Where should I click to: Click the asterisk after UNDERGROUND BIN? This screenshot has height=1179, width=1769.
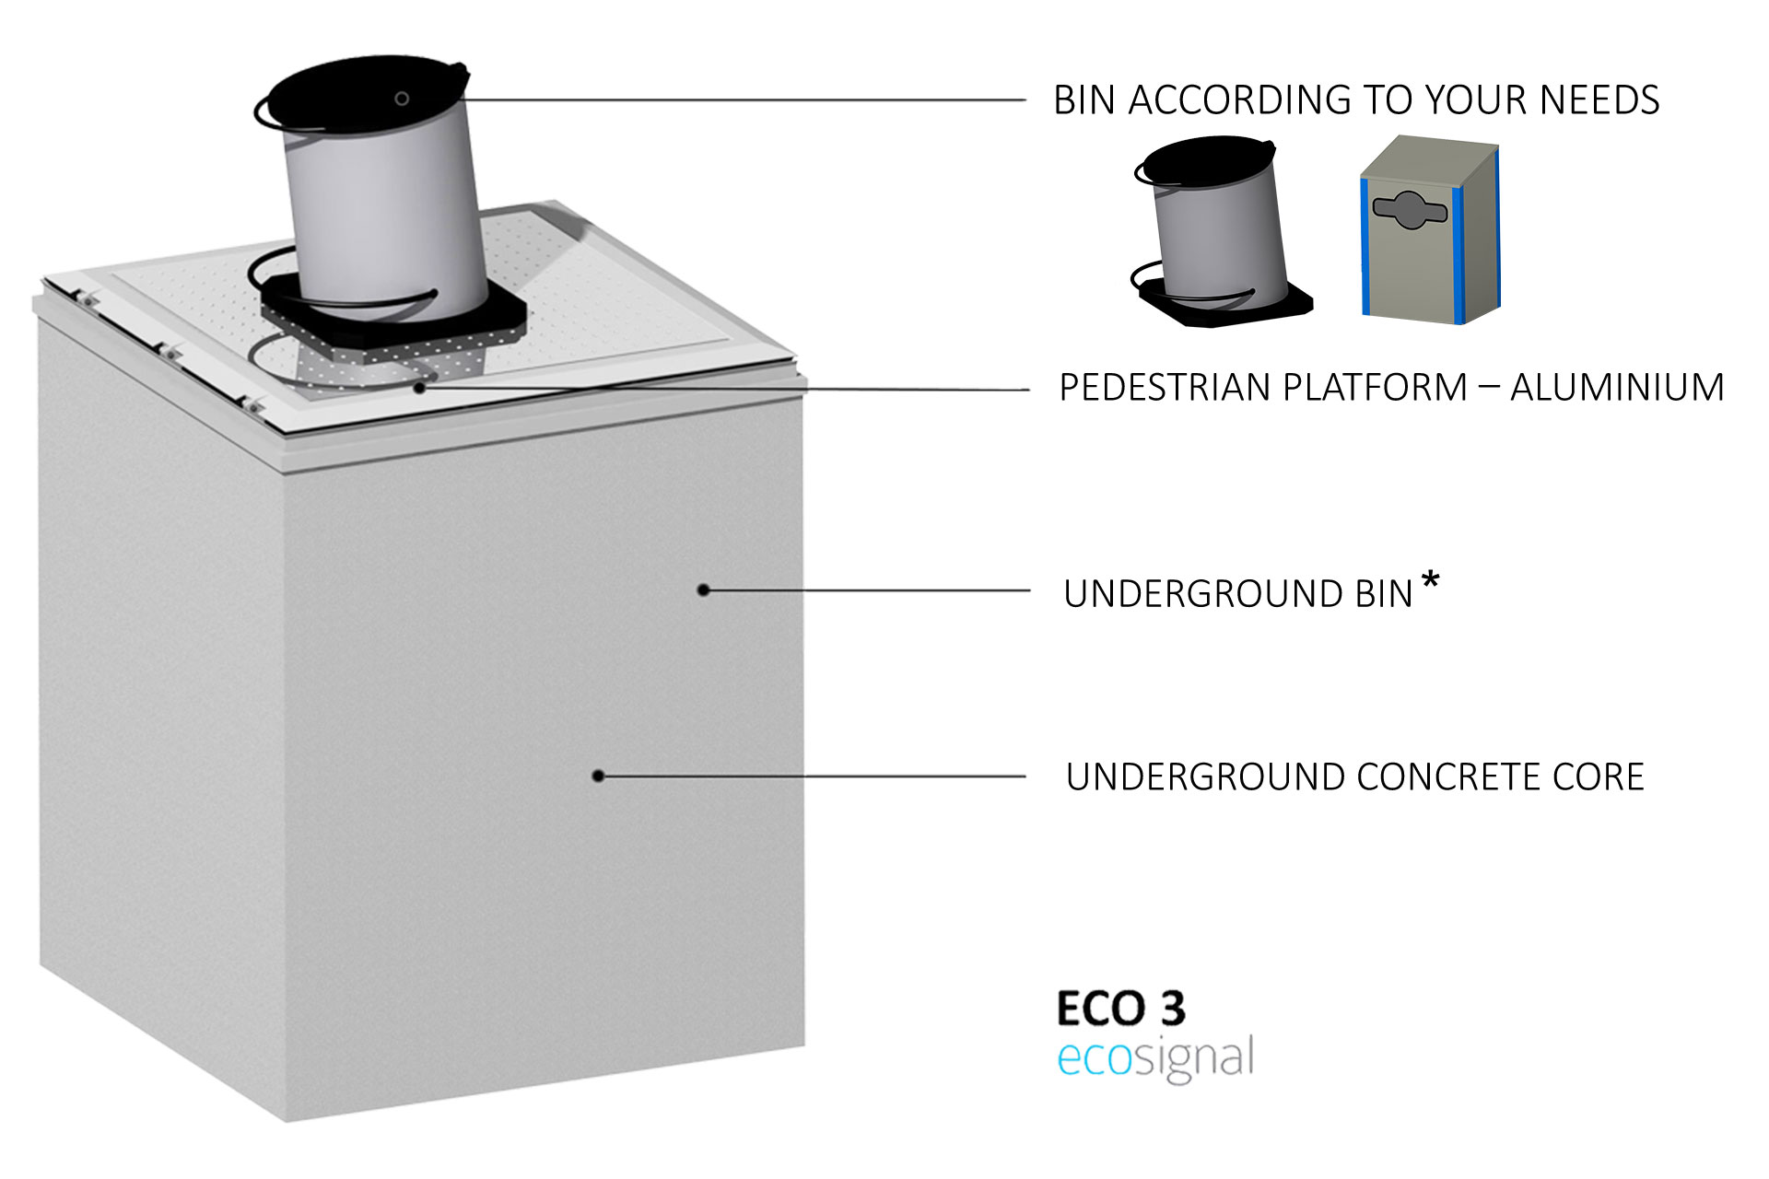pos(1430,581)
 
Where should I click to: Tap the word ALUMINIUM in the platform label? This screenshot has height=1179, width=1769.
pos(1617,388)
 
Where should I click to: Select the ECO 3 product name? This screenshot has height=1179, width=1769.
pos(1120,1009)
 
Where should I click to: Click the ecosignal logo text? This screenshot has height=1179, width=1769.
pos(1155,1057)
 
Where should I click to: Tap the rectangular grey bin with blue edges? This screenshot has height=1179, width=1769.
pos(1430,230)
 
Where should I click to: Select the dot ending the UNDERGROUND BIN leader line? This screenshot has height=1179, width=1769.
pos(703,589)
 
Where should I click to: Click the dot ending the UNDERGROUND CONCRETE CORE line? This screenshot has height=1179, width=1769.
pos(598,776)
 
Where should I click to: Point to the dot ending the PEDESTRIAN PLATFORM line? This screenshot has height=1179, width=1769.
pos(420,388)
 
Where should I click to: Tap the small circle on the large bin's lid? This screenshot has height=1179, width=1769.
pos(402,99)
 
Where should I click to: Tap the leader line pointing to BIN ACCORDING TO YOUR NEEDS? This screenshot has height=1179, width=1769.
pos(737,99)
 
